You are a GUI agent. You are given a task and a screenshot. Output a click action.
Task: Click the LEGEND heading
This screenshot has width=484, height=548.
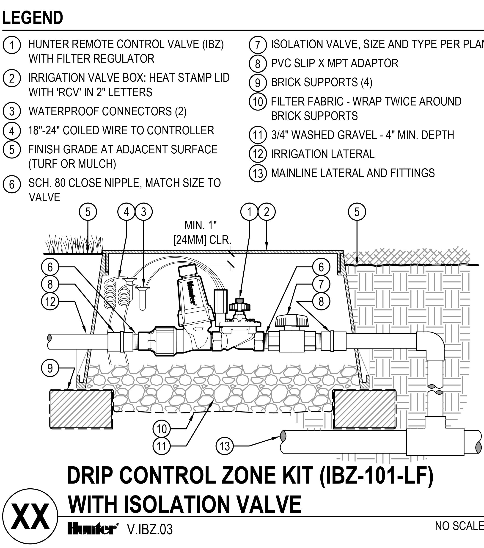(x=33, y=18)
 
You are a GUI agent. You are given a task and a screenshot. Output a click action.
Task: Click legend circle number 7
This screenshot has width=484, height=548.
(x=258, y=45)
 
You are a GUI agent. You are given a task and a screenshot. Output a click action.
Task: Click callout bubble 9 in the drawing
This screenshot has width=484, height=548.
(x=50, y=368)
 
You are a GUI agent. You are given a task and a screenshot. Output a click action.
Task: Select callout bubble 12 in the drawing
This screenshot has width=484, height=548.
(x=50, y=301)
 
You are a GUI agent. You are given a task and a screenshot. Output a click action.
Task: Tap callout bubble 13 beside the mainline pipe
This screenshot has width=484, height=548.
(x=225, y=446)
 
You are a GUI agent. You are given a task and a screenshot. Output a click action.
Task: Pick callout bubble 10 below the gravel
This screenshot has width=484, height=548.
(x=161, y=429)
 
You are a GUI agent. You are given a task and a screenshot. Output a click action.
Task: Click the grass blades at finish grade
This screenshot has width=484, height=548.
(x=74, y=244)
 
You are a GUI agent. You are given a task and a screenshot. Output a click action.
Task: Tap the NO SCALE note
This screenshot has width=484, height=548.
(x=459, y=526)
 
